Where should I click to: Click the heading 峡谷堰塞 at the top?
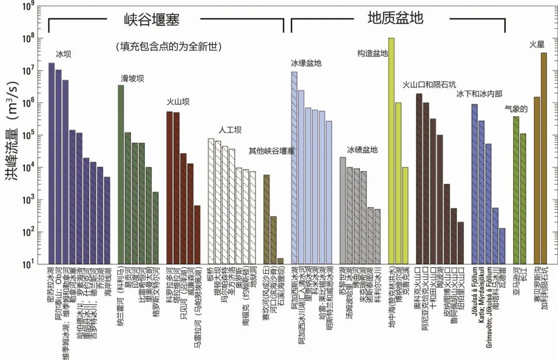coord(154,20)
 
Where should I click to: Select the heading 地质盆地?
coord(395,18)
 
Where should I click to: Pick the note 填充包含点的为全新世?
coord(169,46)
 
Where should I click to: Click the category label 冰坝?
coord(63,53)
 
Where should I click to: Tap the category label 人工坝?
coord(230,130)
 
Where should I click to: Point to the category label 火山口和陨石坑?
coord(429,84)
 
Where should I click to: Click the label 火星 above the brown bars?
coord(537,44)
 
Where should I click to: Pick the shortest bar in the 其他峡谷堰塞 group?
coord(280,261)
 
